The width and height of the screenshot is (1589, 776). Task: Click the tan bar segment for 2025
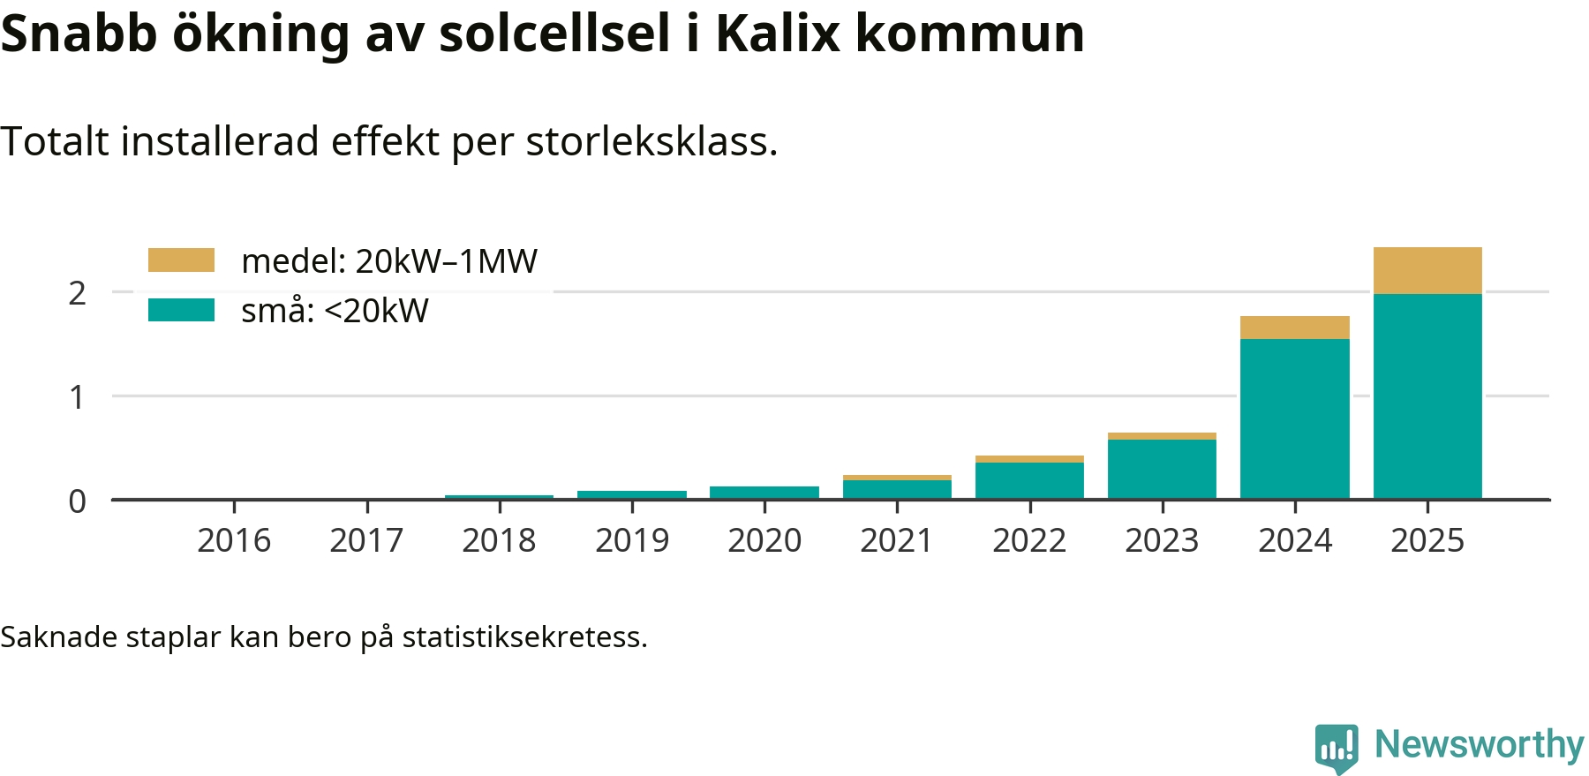pos(1427,270)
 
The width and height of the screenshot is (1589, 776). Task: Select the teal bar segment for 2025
pos(1427,396)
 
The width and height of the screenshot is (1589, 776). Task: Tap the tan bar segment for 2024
pos(1294,328)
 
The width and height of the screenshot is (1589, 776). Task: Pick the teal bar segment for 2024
pos(1294,419)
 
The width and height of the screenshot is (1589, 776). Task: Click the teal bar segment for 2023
pos(1162,469)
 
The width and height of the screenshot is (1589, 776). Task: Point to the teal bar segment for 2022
pos(1029,480)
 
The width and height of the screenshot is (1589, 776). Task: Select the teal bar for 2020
pos(764,493)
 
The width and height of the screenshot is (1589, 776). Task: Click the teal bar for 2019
pos(632,494)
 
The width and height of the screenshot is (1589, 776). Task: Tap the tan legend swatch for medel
pos(181,260)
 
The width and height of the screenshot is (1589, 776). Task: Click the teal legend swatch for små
pos(181,310)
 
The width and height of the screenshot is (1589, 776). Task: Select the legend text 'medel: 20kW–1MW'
pos(388,261)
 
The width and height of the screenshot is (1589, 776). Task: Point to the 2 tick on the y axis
pos(78,293)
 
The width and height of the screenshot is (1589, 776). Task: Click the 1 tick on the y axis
pos(78,397)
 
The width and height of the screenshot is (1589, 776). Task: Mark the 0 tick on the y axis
pos(78,501)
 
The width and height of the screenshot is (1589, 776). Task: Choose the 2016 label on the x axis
pos(234,540)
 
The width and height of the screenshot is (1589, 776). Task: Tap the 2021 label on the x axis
pos(897,540)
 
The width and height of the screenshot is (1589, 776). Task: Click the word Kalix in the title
pos(778,34)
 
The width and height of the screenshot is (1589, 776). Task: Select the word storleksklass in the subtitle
pos(651,141)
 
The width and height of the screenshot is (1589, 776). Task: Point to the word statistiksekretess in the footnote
pos(524,637)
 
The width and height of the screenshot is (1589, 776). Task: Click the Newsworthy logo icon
pos(1337,748)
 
